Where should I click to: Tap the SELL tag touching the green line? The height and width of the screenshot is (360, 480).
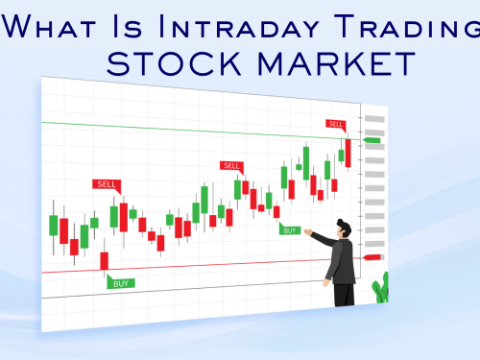point(335,124)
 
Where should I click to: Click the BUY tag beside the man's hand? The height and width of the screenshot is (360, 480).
point(289,229)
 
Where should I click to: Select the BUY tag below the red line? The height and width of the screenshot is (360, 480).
point(121,283)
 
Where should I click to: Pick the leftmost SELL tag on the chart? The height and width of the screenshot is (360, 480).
point(106,183)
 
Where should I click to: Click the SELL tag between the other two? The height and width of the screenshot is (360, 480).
point(231,165)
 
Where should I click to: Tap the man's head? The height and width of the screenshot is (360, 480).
point(344,228)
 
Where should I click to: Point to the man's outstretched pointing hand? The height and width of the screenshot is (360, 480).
point(308,231)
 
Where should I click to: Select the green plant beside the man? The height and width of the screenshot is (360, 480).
point(381,288)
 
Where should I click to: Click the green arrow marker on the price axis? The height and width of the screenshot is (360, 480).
point(372,141)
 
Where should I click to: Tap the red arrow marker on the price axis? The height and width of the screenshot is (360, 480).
point(372,257)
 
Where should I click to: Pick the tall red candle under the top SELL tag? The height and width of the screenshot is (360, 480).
point(348,154)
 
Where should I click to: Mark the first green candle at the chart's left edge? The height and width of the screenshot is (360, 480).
point(54,225)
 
